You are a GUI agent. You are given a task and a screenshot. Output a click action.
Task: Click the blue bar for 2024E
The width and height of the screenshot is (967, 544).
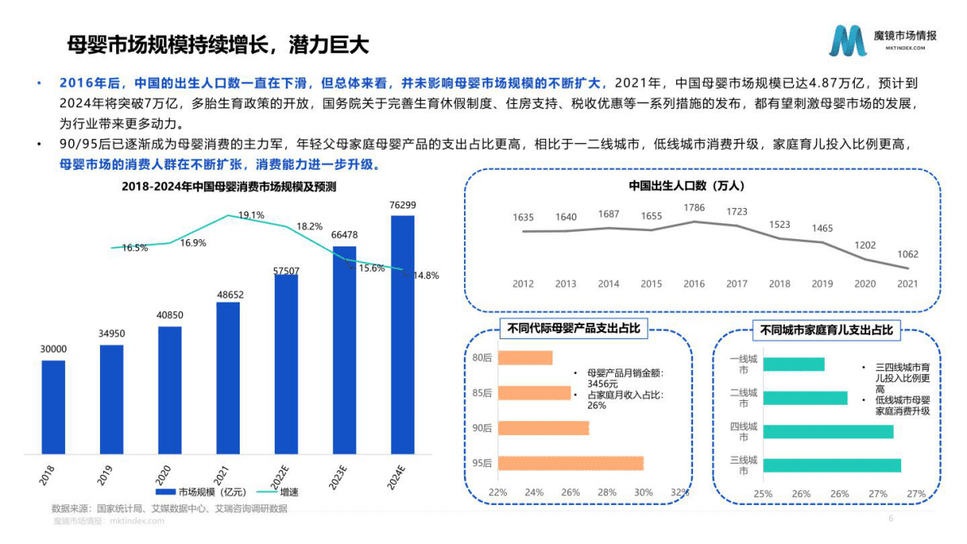click(402, 333)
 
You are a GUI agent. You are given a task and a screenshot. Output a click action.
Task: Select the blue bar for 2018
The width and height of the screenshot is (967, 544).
click(54, 407)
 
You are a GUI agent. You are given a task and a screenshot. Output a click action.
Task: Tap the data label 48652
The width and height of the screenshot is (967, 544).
click(228, 295)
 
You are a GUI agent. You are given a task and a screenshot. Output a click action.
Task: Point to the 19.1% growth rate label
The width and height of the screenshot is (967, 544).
click(251, 215)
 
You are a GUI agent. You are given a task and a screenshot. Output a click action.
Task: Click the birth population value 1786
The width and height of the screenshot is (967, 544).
click(694, 208)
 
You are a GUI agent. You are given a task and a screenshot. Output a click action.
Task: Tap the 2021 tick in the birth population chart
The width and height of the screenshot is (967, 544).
click(908, 284)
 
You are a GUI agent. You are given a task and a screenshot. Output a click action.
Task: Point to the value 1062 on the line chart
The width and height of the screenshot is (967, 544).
click(908, 255)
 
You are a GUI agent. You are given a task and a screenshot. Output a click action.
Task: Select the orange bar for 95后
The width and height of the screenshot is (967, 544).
click(570, 463)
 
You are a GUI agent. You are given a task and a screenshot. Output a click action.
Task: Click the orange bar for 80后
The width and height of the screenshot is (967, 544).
click(525, 358)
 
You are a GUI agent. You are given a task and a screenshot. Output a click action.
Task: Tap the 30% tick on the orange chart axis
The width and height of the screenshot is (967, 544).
click(643, 493)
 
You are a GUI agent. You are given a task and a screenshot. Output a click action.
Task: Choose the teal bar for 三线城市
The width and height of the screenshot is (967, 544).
click(831, 465)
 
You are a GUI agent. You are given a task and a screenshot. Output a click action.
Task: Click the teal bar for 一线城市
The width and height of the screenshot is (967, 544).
click(793, 364)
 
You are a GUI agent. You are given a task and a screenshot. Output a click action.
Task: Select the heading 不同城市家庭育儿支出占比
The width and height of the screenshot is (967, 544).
click(826, 330)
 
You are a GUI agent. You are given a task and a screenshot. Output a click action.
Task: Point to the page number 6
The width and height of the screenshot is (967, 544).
click(891, 519)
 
